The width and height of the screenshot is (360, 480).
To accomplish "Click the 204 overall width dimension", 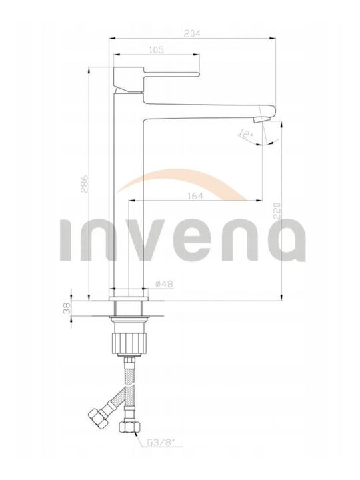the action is pyautogui.click(x=192, y=34).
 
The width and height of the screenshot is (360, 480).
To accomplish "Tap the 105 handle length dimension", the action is pyautogui.click(x=157, y=49).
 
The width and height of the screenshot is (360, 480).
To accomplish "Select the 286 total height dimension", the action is pyautogui.click(x=85, y=184).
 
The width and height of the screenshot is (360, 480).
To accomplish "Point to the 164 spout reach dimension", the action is pyautogui.click(x=195, y=195).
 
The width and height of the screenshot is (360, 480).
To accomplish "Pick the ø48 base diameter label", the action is pyautogui.click(x=164, y=284).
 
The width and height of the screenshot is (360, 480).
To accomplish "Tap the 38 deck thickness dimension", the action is pyautogui.click(x=67, y=308).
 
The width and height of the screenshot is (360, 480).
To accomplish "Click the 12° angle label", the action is pyautogui.click(x=247, y=134).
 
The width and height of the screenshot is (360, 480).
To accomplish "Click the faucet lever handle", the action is pyautogui.click(x=172, y=74).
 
